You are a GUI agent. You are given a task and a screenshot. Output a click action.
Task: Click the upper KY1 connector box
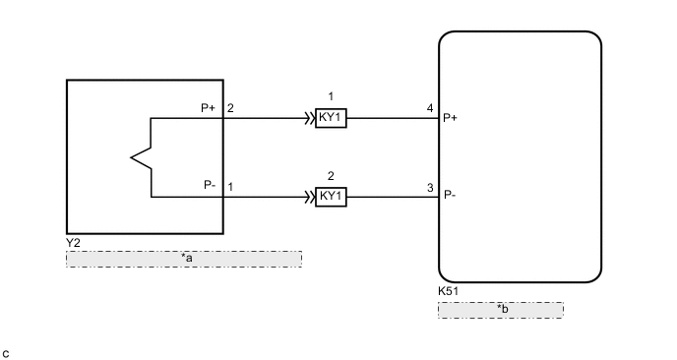point(331,119)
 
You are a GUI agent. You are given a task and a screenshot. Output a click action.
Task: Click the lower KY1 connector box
point(331,196)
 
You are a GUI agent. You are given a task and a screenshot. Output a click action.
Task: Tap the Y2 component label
point(73,239)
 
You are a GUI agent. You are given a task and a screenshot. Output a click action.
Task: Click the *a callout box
point(183,259)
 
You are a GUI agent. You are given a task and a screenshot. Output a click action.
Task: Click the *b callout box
point(500,310)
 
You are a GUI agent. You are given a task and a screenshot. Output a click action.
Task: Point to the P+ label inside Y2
point(208,108)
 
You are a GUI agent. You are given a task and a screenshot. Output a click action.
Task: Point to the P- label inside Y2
point(209,185)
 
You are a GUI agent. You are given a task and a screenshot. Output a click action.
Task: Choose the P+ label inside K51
point(451,118)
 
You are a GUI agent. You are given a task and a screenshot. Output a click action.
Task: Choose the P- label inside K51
point(450,195)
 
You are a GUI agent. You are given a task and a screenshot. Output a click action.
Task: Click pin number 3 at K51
point(430,185)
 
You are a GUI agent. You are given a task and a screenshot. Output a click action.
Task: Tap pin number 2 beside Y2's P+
point(230,108)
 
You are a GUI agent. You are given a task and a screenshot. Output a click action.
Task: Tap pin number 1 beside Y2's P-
point(230,185)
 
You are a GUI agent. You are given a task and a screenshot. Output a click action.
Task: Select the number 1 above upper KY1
point(331,97)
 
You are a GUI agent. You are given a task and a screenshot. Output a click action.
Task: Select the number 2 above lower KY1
point(331,174)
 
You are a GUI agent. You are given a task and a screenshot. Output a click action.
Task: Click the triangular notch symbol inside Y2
point(141,157)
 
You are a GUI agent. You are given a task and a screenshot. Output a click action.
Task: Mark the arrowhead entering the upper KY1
point(309,119)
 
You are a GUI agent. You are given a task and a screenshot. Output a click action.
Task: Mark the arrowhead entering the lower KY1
point(309,196)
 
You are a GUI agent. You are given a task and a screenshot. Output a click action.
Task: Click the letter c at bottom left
point(6,351)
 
